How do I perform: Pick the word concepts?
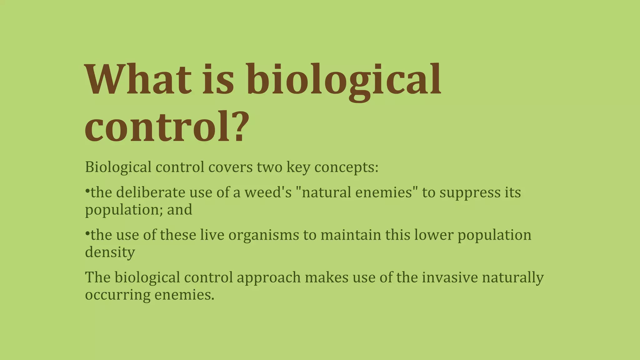(346, 167)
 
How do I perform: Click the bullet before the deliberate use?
(87, 191)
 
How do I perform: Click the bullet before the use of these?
(87, 233)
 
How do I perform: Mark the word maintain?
(351, 235)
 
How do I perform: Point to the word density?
(110, 252)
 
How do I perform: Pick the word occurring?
(118, 295)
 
